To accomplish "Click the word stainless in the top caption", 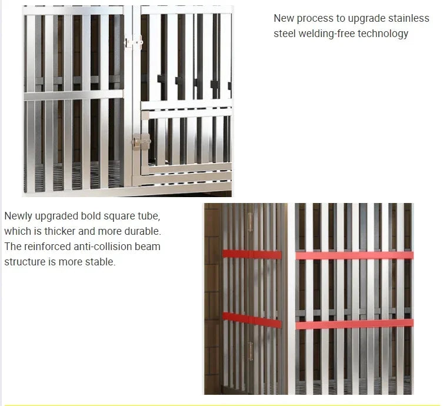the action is (408, 18).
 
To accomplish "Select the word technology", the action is (383, 34).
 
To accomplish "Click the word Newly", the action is (18, 216).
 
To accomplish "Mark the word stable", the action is (100, 262).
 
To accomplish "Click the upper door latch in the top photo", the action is (134, 43).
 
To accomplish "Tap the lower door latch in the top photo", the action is (141, 141).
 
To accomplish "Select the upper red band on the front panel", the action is (354, 255).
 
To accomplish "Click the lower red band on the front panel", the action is (354, 324).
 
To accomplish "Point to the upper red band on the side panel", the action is (252, 254).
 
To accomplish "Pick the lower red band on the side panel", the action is (252, 320).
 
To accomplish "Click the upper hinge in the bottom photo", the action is (250, 222).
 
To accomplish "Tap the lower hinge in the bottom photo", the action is (250, 351).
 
